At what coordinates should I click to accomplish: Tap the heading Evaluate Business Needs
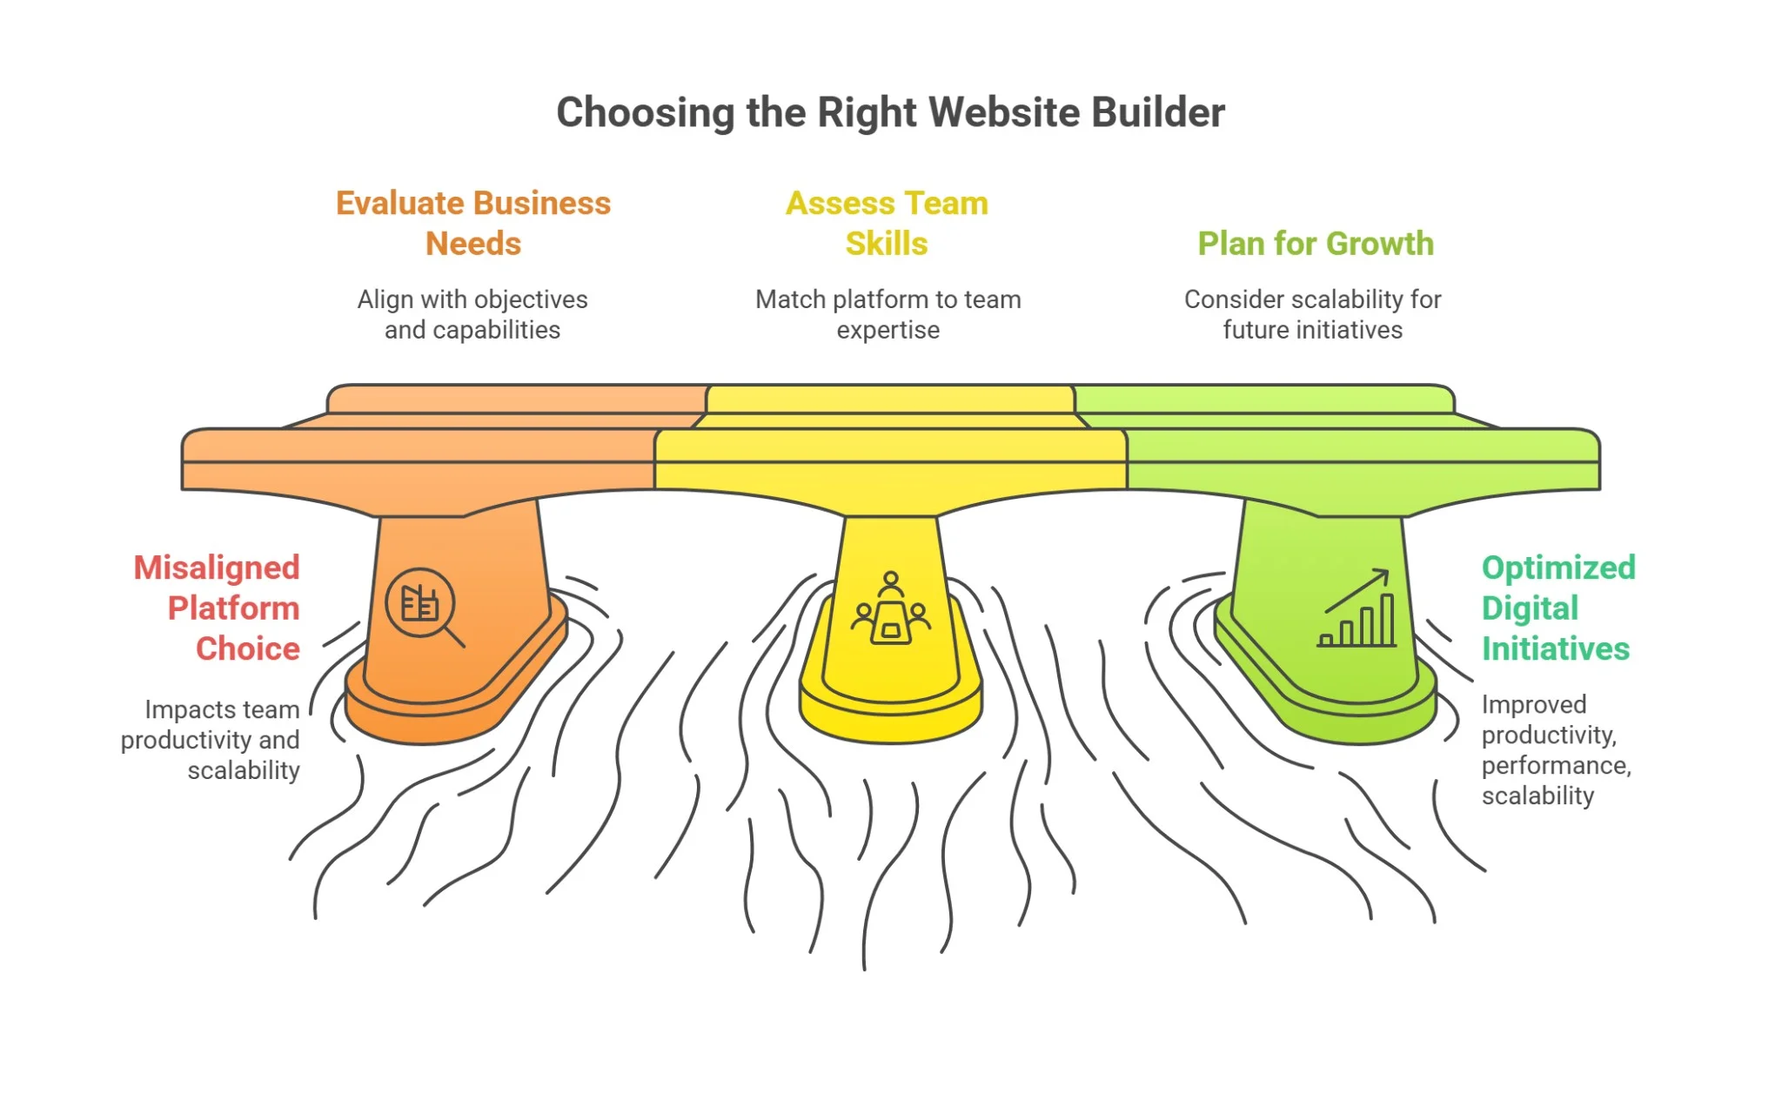coord(473,223)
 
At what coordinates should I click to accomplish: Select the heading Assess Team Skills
coord(887,223)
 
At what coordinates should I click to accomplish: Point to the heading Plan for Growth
coord(1315,244)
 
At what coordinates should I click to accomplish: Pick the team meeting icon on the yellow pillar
coord(890,608)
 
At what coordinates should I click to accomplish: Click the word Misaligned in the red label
coord(217,568)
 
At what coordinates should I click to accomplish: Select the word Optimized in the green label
coord(1558,568)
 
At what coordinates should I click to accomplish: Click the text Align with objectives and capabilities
coord(472,314)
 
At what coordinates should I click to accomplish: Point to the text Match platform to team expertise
coord(888,314)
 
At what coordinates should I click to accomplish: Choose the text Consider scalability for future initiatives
coord(1312,314)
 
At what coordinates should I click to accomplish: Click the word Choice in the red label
coord(248,648)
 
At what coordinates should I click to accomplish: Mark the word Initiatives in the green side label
coord(1556,648)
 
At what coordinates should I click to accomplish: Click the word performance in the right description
coord(1555,765)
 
